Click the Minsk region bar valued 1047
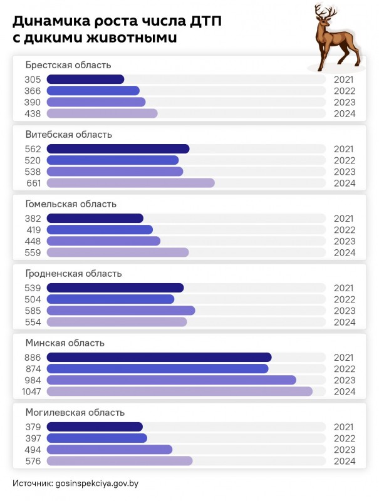pyautogui.click(x=179, y=391)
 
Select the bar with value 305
pyautogui.click(x=85, y=80)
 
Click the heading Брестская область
pyautogui.click(x=68, y=65)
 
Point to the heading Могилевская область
pyautogui.click(x=75, y=413)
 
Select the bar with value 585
pyautogui.click(x=121, y=311)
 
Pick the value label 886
pyautogui.click(x=33, y=358)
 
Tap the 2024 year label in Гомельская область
pyautogui.click(x=345, y=252)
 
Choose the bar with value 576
pyautogui.click(x=120, y=461)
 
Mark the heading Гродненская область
pyautogui.click(x=73, y=274)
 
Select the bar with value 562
pyautogui.click(x=118, y=149)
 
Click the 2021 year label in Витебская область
pyautogui.click(x=345, y=149)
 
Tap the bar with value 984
pyautogui.click(x=171, y=380)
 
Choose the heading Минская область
pyautogui.click(x=65, y=343)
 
